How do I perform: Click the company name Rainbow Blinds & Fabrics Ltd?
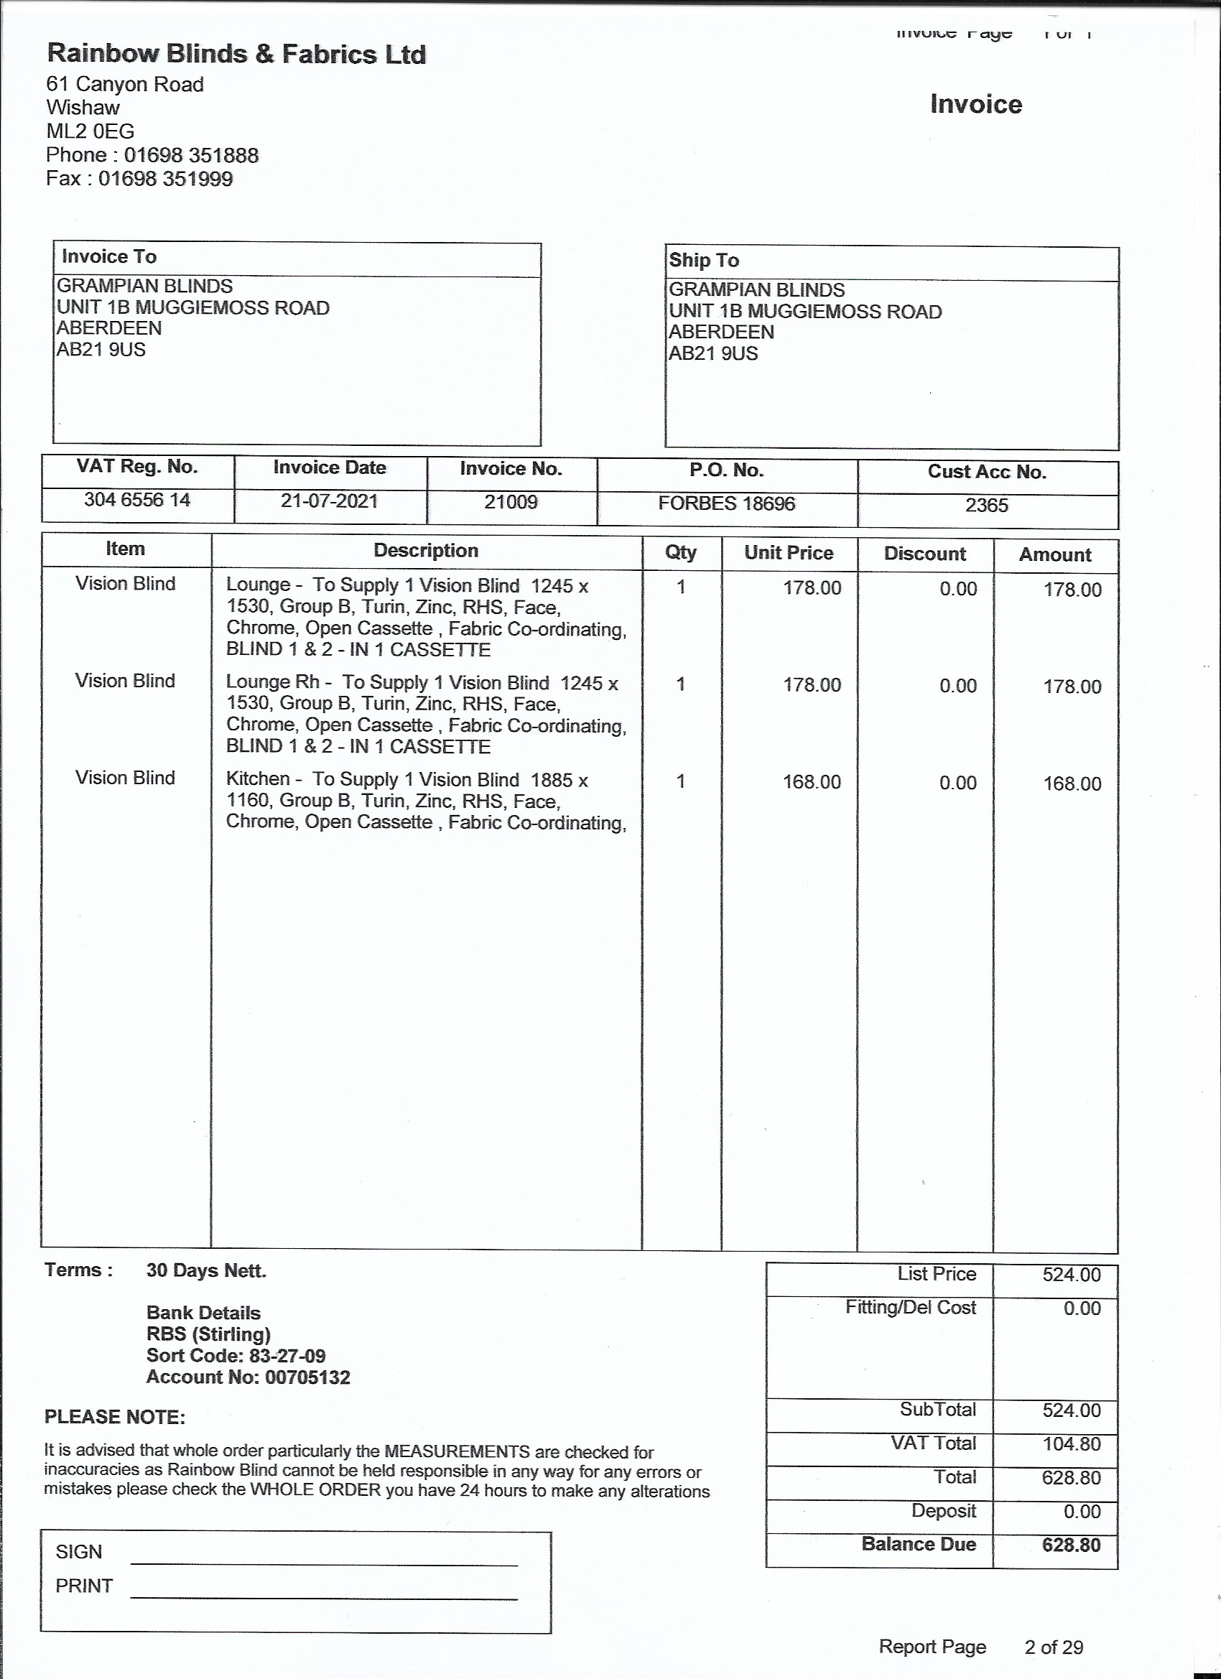(236, 54)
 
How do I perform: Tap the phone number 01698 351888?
(191, 155)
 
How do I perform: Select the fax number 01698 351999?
(165, 179)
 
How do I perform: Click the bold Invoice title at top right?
(975, 104)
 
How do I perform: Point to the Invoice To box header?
(110, 257)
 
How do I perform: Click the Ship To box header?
(703, 261)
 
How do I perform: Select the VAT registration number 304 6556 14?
(137, 500)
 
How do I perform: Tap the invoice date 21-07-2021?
(329, 501)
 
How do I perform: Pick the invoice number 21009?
(510, 502)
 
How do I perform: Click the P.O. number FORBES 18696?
(726, 504)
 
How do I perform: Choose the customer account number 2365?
(986, 506)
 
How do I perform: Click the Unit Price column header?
(789, 553)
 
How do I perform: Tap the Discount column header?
(924, 554)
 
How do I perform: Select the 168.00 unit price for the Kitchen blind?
(812, 782)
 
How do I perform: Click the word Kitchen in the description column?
(258, 778)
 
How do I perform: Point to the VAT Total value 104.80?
(1071, 1443)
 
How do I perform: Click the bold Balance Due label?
(918, 1544)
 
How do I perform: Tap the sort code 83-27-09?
(287, 1357)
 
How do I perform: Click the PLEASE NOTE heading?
(115, 1418)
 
